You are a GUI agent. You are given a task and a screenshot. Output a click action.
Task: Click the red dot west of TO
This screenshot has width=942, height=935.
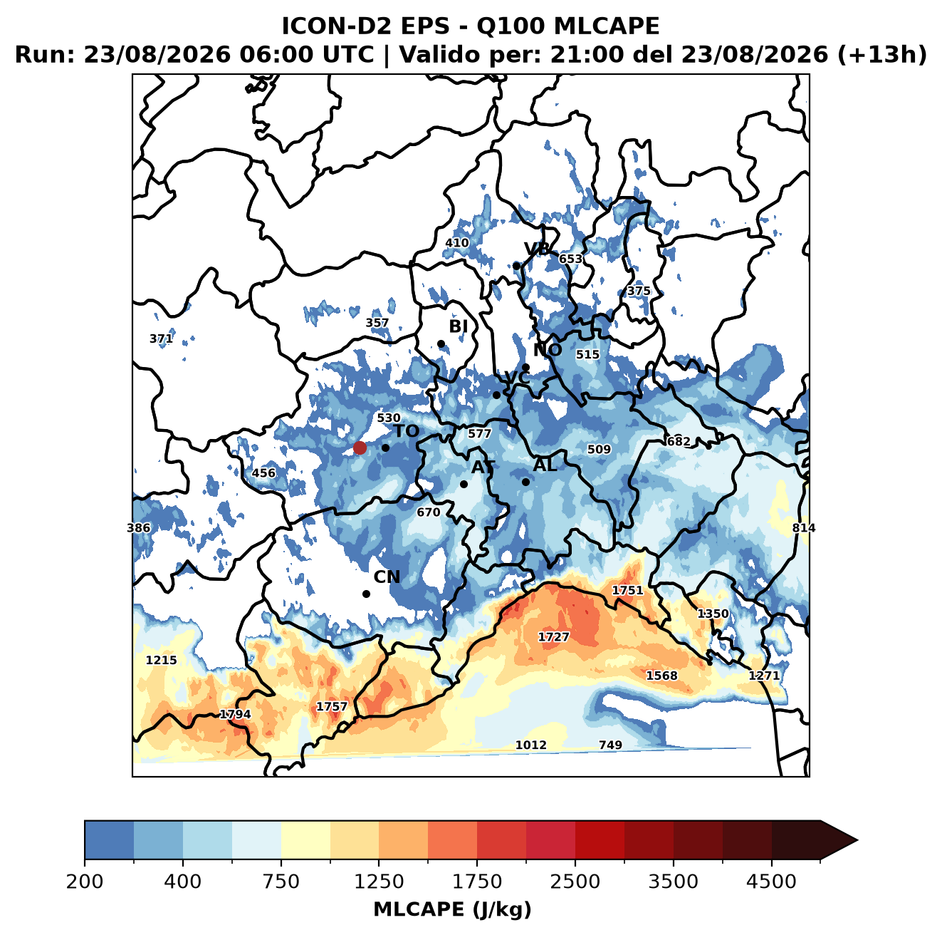point(360,448)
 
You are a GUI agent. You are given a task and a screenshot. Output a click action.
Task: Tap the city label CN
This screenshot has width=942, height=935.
point(387,577)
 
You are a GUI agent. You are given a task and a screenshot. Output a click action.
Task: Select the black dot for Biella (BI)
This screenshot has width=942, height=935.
point(441,344)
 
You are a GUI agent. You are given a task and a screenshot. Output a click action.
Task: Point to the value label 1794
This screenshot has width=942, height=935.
point(235,714)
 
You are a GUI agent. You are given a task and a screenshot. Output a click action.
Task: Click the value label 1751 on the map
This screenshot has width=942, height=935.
point(628,591)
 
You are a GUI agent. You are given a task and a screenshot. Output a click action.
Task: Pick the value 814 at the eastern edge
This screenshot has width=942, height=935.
point(804,528)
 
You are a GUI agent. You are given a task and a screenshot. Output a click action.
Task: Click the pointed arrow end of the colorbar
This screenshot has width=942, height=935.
point(857,841)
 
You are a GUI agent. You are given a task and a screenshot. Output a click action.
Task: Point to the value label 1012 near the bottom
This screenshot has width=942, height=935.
point(531,745)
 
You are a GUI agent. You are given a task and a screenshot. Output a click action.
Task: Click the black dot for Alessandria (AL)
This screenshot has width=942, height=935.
point(525,482)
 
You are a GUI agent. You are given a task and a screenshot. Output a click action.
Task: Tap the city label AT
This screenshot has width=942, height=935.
point(483,467)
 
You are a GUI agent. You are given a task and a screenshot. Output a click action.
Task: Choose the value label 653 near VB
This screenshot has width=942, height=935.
point(570,259)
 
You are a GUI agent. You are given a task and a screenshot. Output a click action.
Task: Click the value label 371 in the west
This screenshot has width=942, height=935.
point(161,339)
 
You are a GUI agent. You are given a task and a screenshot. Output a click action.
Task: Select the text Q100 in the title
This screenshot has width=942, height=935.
point(511,26)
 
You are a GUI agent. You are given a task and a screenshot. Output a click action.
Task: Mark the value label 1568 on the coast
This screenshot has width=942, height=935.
point(662,676)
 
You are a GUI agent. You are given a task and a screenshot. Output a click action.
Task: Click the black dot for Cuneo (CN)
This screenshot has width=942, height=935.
point(366,594)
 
